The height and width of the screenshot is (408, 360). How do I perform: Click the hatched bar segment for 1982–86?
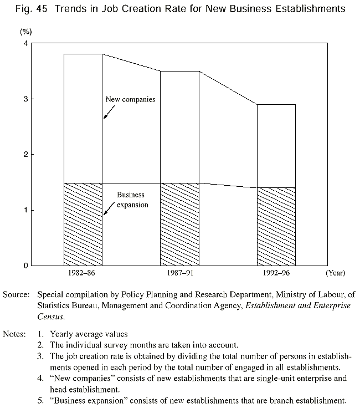(83, 224)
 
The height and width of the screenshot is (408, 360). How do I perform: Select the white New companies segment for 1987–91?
(180, 127)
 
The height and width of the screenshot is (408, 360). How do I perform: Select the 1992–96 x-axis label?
(276, 273)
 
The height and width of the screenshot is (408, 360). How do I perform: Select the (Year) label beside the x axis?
(335, 273)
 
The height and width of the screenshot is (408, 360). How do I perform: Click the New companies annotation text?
(130, 100)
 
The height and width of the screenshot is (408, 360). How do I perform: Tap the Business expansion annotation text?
(131, 200)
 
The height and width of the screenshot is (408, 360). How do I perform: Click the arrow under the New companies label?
(109, 113)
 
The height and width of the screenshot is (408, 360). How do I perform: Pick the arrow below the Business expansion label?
(109, 210)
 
